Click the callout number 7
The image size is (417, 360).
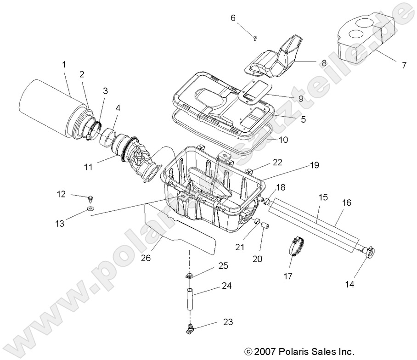click(x=404, y=65)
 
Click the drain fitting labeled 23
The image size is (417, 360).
click(x=189, y=327)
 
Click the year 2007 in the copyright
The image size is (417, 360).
click(x=264, y=352)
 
